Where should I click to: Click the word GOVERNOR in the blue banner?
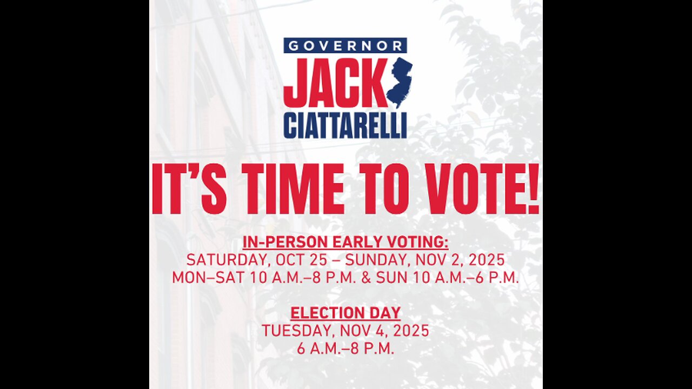point(345,45)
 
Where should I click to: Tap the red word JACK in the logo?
point(335,83)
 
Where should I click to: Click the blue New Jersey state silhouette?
point(400,82)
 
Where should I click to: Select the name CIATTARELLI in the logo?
point(345,127)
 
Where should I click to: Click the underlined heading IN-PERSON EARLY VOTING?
point(345,242)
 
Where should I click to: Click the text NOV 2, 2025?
point(460,259)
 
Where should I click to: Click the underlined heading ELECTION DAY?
point(345,313)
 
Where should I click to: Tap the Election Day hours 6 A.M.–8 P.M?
point(345,348)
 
